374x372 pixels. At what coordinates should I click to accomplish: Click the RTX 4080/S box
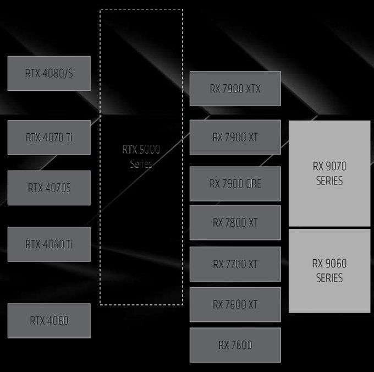[49, 73]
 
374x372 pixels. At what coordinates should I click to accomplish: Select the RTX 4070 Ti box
[49, 138]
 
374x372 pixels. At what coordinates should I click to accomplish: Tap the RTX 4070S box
[49, 188]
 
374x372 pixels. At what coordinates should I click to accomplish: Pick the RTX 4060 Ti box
[49, 244]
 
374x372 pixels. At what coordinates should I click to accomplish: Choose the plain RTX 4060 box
[49, 320]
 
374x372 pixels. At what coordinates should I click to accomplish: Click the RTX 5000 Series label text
[141, 156]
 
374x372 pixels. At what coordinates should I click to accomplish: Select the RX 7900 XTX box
[235, 89]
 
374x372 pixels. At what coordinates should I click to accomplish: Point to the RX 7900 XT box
[235, 137]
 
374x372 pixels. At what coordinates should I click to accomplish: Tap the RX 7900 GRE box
[235, 184]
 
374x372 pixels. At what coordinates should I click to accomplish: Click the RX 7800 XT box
[235, 223]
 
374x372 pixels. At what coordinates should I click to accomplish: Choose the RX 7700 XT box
[235, 264]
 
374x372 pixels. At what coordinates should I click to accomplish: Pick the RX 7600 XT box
[235, 304]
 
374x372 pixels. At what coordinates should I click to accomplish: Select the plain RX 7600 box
[235, 345]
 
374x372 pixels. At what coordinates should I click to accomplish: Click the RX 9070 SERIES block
[329, 173]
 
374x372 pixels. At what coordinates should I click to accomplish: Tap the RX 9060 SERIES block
[329, 271]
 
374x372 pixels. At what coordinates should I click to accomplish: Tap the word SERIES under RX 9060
[329, 278]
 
